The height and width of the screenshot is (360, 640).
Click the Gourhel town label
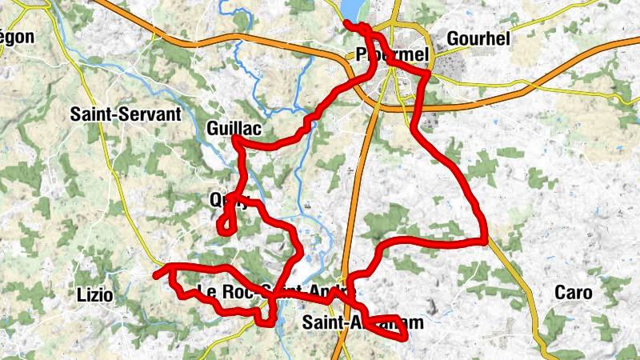pyautogui.click(x=478, y=38)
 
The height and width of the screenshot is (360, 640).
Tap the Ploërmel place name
pyautogui.click(x=392, y=55)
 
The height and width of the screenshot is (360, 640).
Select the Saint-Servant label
pyautogui.click(x=126, y=114)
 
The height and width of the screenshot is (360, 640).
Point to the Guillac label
pyautogui.click(x=234, y=128)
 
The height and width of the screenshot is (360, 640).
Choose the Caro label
pyautogui.click(x=574, y=293)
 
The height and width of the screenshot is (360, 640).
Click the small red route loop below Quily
pyautogui.click(x=226, y=224)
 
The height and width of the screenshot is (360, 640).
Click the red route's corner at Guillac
pyautogui.click(x=236, y=140)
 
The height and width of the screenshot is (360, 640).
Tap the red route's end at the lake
pyautogui.click(x=346, y=22)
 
